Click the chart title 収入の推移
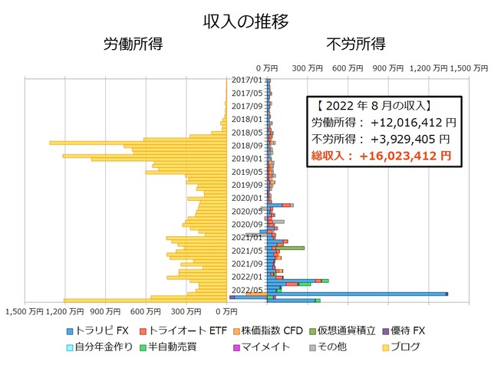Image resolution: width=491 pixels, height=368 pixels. pyautogui.click(x=246, y=21)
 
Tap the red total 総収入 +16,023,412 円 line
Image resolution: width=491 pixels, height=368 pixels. pyautogui.click(x=382, y=156)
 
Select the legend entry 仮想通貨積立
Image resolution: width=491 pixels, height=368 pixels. pyautogui.click(x=347, y=331)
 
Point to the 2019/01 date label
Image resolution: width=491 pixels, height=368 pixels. pyautogui.click(x=247, y=159)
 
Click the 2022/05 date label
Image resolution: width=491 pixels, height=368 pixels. pyautogui.click(x=247, y=290)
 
